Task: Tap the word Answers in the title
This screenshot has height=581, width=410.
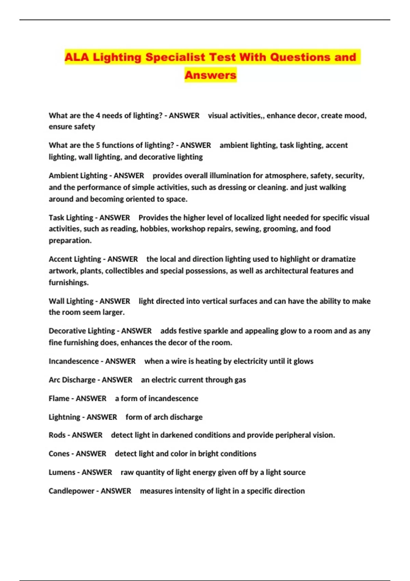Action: coord(210,75)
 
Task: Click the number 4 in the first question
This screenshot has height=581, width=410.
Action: coord(98,116)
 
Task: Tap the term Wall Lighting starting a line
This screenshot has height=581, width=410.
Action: coord(71,301)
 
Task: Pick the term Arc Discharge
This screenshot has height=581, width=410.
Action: coord(72,380)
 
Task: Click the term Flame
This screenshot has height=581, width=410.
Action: coord(59,398)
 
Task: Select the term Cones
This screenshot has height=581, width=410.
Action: coord(59,454)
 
